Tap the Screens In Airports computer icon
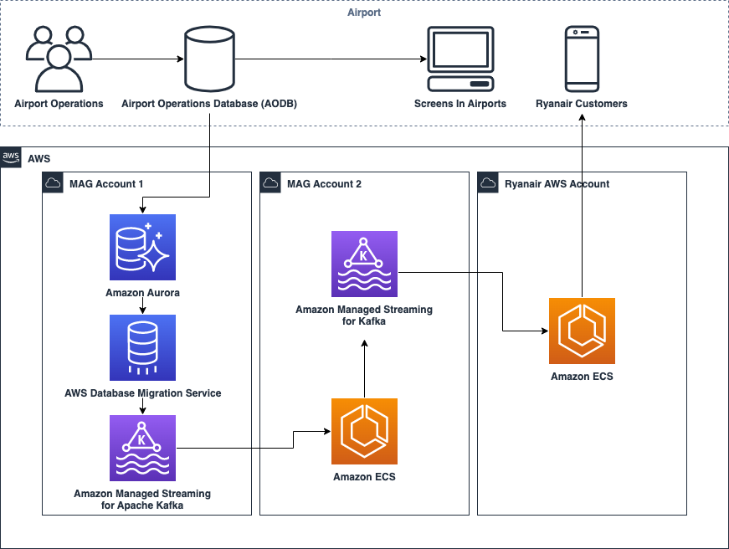[460, 59]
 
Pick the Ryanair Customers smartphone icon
[582, 59]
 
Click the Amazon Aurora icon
[142, 247]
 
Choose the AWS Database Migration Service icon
[142, 347]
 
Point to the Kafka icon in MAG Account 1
[142, 448]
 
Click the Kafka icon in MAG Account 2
[364, 264]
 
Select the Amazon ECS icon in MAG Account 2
[364, 431]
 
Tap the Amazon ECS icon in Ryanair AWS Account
[582, 331]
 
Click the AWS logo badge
[12, 157]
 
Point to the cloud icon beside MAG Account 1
[53, 183]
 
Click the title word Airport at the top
[364, 12]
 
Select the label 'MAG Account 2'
[324, 184]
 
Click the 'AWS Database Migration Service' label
[142, 393]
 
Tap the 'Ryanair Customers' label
[582, 104]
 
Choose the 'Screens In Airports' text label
[460, 104]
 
